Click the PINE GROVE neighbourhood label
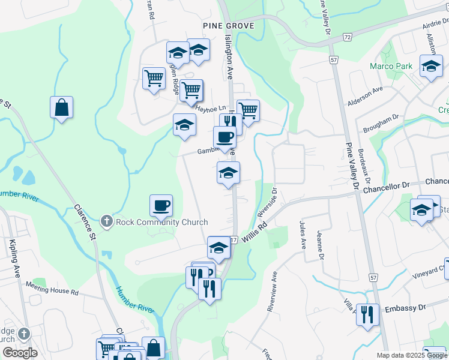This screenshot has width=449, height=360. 228,26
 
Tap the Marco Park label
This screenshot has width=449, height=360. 391,66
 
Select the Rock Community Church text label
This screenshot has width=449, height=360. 161,222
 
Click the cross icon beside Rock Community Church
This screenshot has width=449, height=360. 107,222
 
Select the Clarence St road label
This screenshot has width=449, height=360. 85,219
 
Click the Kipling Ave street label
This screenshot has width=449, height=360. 13,255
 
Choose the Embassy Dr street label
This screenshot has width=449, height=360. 405,308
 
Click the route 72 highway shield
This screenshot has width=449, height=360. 347,37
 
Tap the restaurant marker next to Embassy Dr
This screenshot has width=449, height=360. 367,314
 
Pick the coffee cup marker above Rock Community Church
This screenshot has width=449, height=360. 161,206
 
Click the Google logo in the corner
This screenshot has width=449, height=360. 20,353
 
